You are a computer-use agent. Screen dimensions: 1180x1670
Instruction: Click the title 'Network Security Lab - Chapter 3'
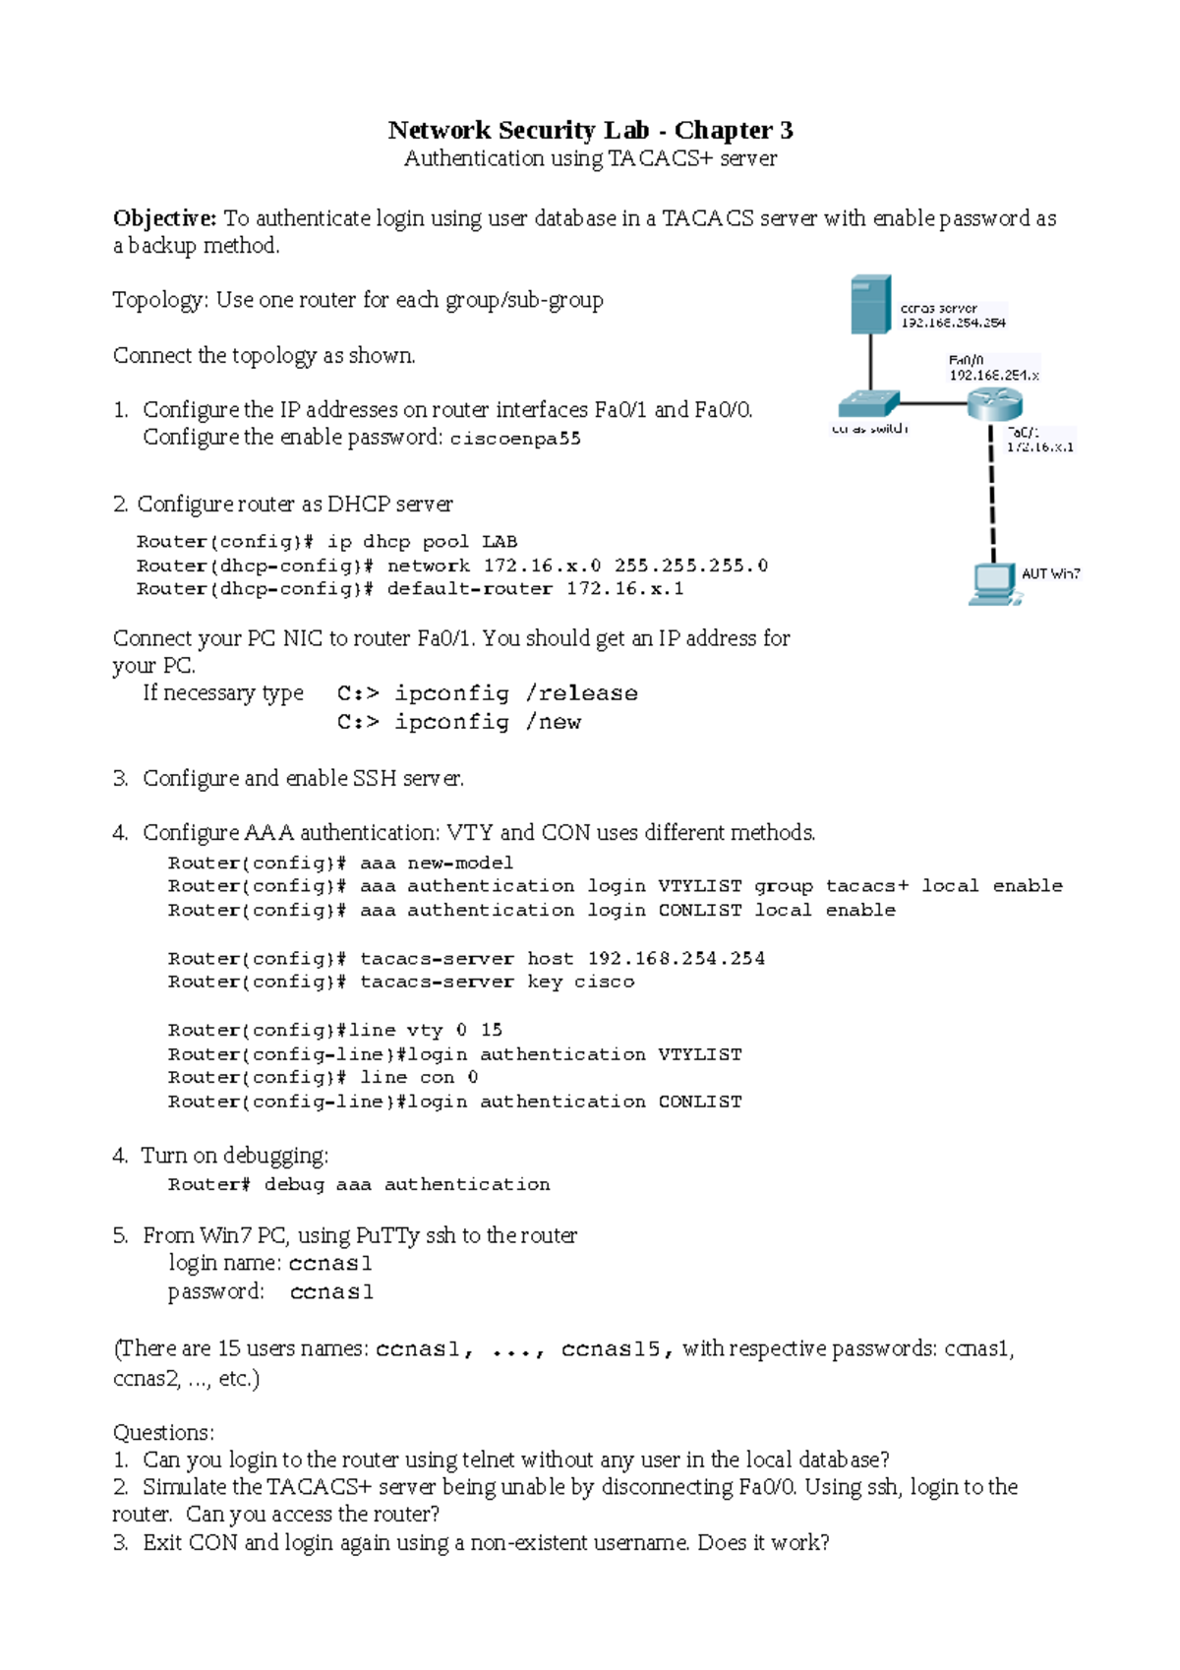click(x=590, y=130)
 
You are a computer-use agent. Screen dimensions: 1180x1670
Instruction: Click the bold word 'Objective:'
click(x=164, y=218)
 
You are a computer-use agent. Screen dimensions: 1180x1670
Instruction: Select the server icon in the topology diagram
click(x=870, y=305)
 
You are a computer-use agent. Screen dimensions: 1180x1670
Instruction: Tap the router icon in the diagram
click(x=994, y=403)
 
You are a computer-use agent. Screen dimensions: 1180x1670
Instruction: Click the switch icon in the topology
click(x=869, y=403)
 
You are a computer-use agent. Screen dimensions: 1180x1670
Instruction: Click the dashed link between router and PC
click(x=993, y=492)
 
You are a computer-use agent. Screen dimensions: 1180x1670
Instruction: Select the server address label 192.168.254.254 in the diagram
click(x=953, y=323)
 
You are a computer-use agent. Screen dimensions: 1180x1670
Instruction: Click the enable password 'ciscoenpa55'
click(x=515, y=439)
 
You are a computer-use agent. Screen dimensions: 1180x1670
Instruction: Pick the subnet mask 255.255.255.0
click(x=691, y=566)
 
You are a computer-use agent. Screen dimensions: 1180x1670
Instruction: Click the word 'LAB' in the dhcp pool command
click(x=500, y=542)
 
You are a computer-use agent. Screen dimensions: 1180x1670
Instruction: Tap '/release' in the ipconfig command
click(x=582, y=693)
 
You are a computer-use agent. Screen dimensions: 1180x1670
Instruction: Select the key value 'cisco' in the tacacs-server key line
click(x=604, y=982)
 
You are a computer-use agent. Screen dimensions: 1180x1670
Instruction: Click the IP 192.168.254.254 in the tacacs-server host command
click(x=676, y=958)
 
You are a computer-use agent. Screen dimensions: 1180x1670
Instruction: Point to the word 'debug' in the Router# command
click(x=294, y=1184)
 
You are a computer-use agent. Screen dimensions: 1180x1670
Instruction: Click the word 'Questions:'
click(x=163, y=1432)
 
